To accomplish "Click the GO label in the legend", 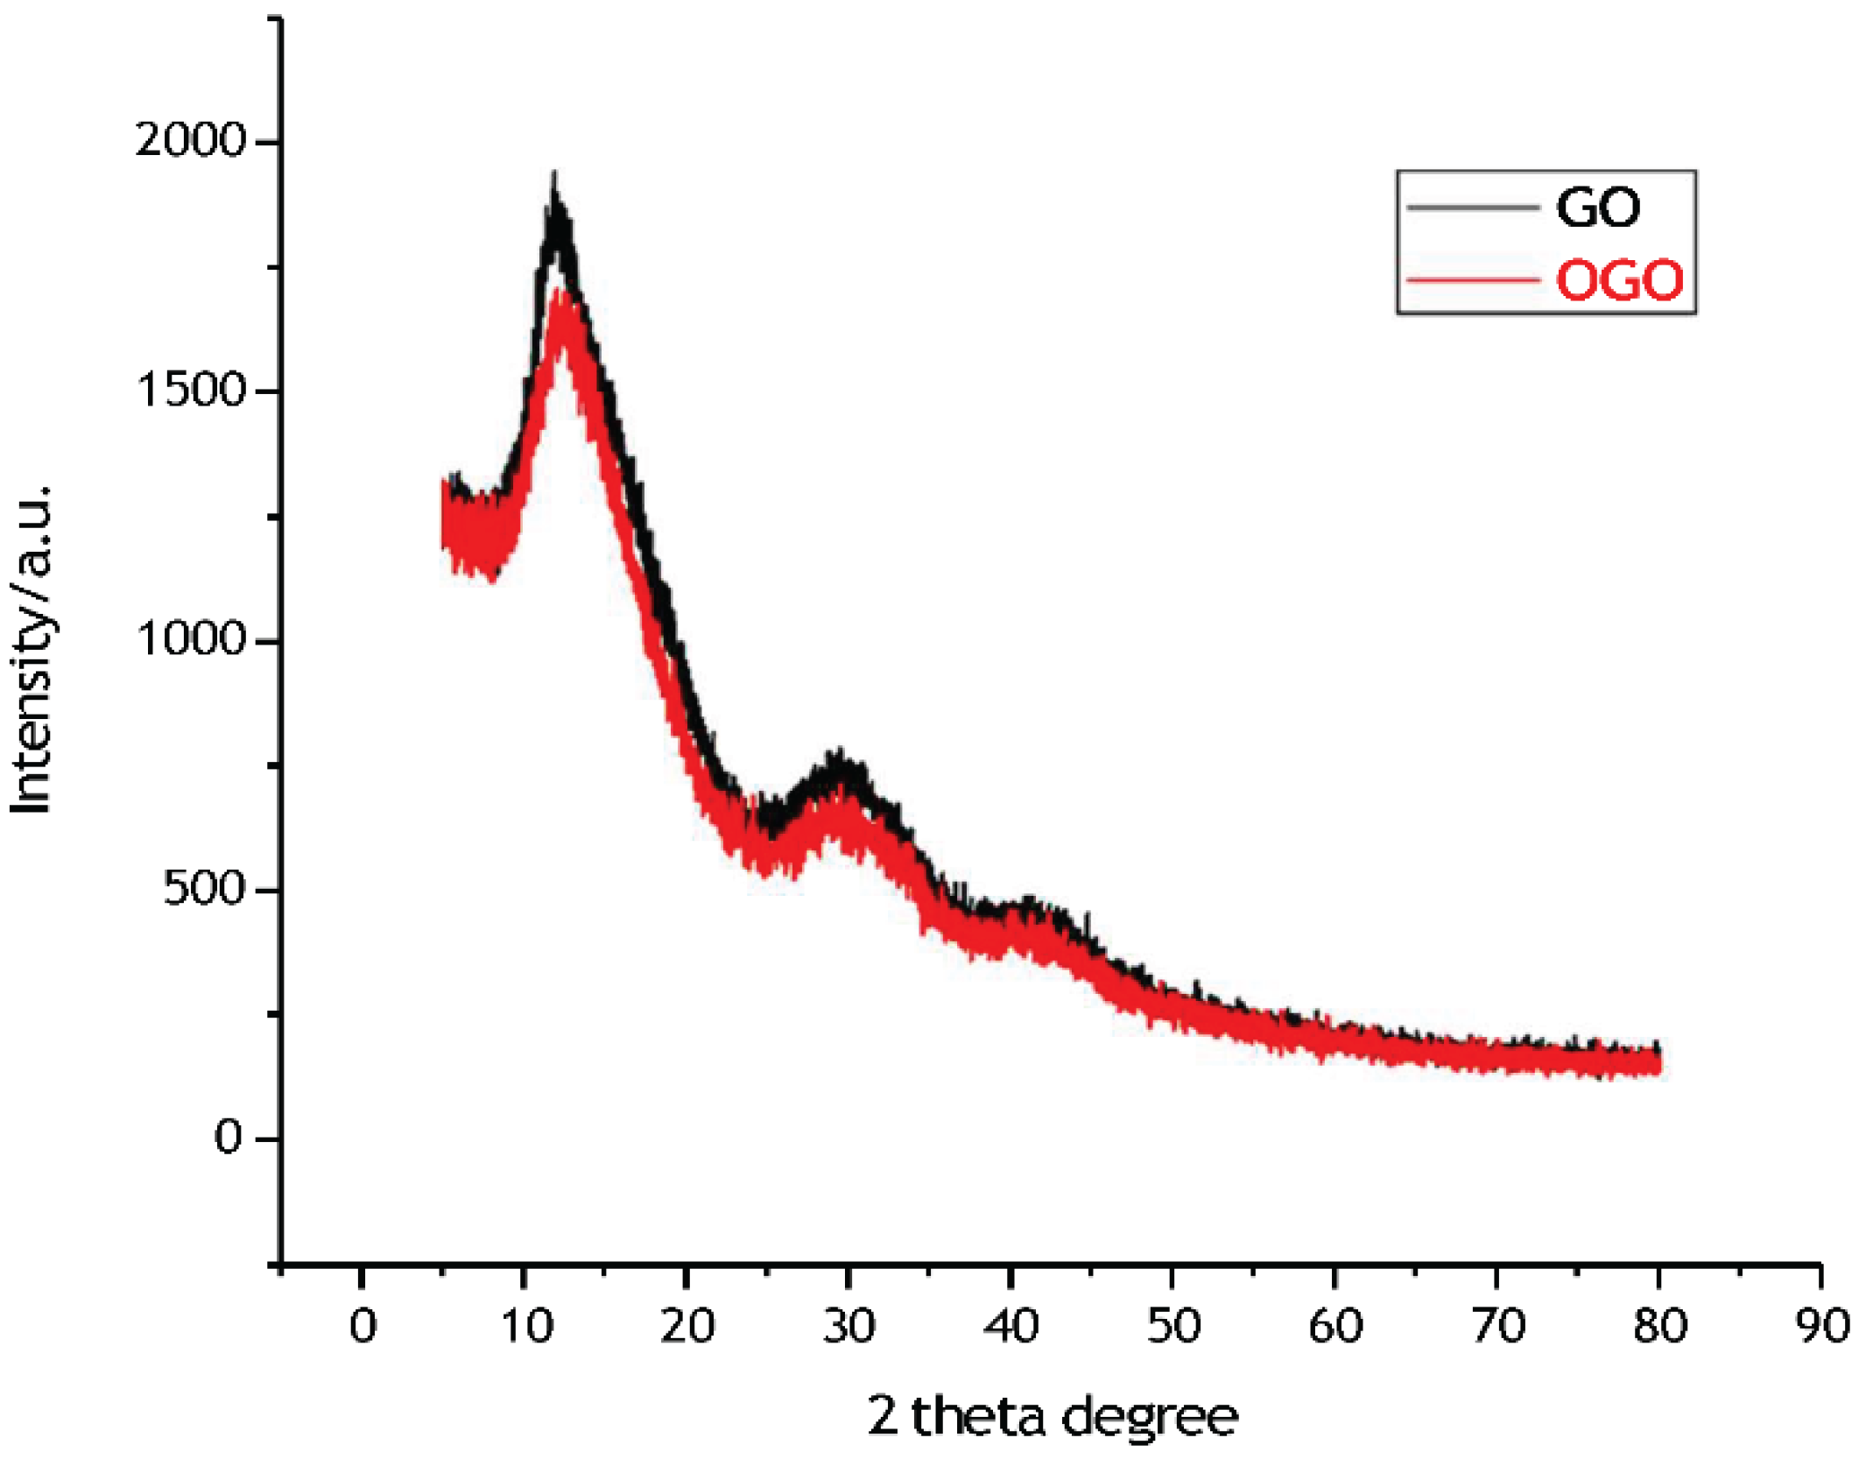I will pos(1597,208).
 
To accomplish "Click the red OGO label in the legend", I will pos(1619,280).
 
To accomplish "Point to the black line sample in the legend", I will pos(1473,208).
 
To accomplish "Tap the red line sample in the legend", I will pos(1473,280).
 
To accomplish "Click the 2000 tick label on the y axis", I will pos(191,140).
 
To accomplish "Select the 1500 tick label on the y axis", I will pos(191,390).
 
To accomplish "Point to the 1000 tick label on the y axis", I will pos(191,639).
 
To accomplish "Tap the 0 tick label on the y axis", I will pos(228,1138).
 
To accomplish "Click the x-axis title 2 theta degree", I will pos(1053,1417).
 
